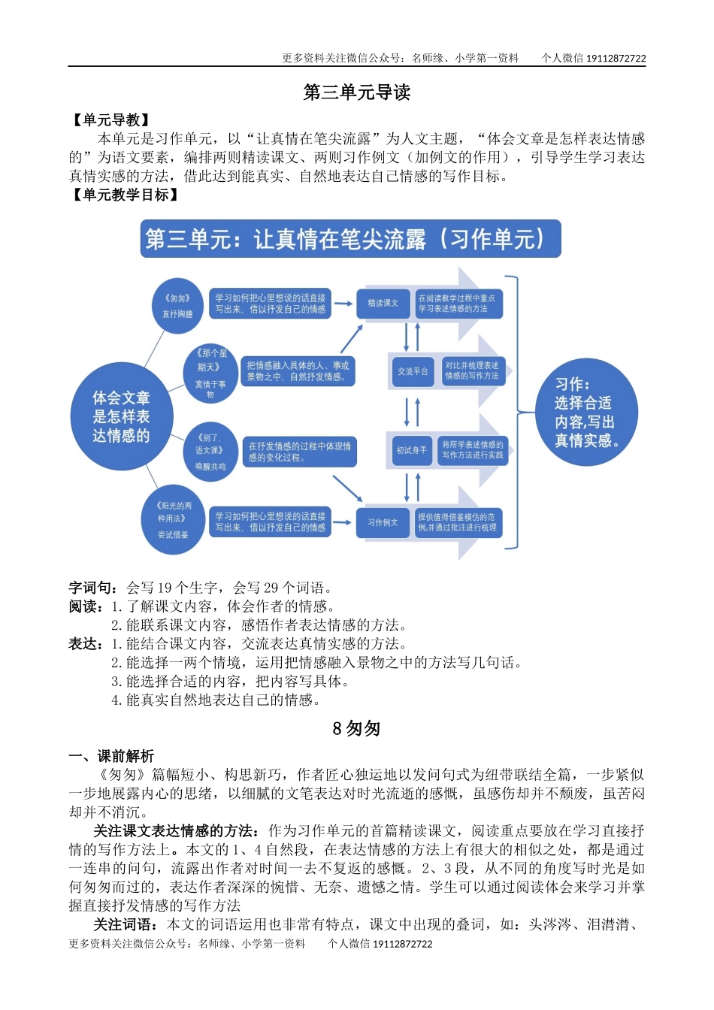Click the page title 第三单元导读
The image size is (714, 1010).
tap(356, 92)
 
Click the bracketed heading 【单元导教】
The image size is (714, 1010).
tap(110, 120)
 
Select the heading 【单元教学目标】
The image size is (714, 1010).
tap(125, 195)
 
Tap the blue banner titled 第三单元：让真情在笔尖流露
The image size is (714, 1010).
tap(350, 239)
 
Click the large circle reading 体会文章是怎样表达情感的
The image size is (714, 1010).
tap(121, 417)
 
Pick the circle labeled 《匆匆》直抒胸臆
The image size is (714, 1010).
tap(178, 305)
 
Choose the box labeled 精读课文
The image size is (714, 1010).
tap(383, 303)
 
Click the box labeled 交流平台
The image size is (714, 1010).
tap(412, 371)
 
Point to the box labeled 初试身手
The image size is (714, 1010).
tap(411, 450)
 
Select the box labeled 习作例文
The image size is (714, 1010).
tap(383, 522)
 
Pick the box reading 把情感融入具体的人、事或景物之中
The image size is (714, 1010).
tap(298, 371)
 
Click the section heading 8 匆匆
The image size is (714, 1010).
tap(356, 729)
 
